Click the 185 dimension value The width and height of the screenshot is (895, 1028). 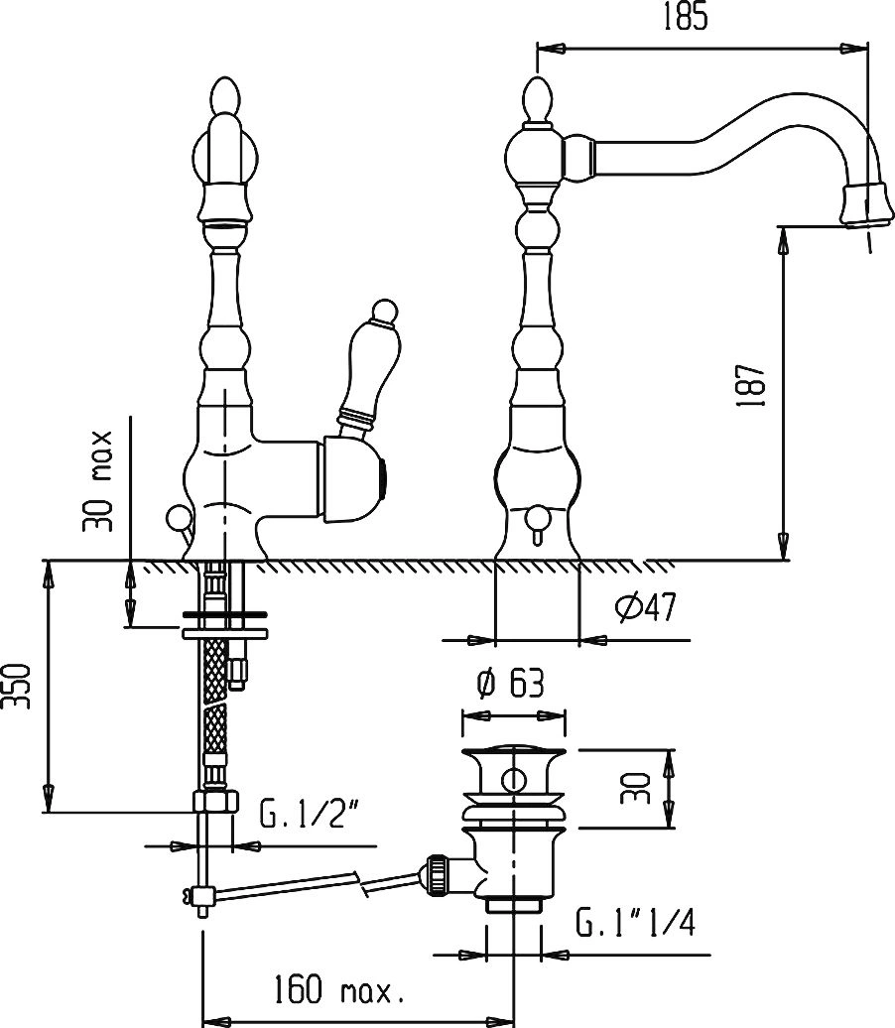685,17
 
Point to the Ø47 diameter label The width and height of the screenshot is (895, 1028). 645,607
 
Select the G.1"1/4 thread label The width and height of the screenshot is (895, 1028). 635,923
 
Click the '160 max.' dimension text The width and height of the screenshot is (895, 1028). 337,989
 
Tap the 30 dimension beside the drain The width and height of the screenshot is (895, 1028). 635,789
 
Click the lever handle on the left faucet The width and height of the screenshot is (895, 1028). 367,367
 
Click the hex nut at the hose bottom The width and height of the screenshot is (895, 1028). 214,802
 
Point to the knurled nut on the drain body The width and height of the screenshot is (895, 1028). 438,874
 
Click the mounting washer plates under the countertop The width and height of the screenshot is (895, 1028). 224,624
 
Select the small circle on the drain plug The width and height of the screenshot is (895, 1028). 513,780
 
